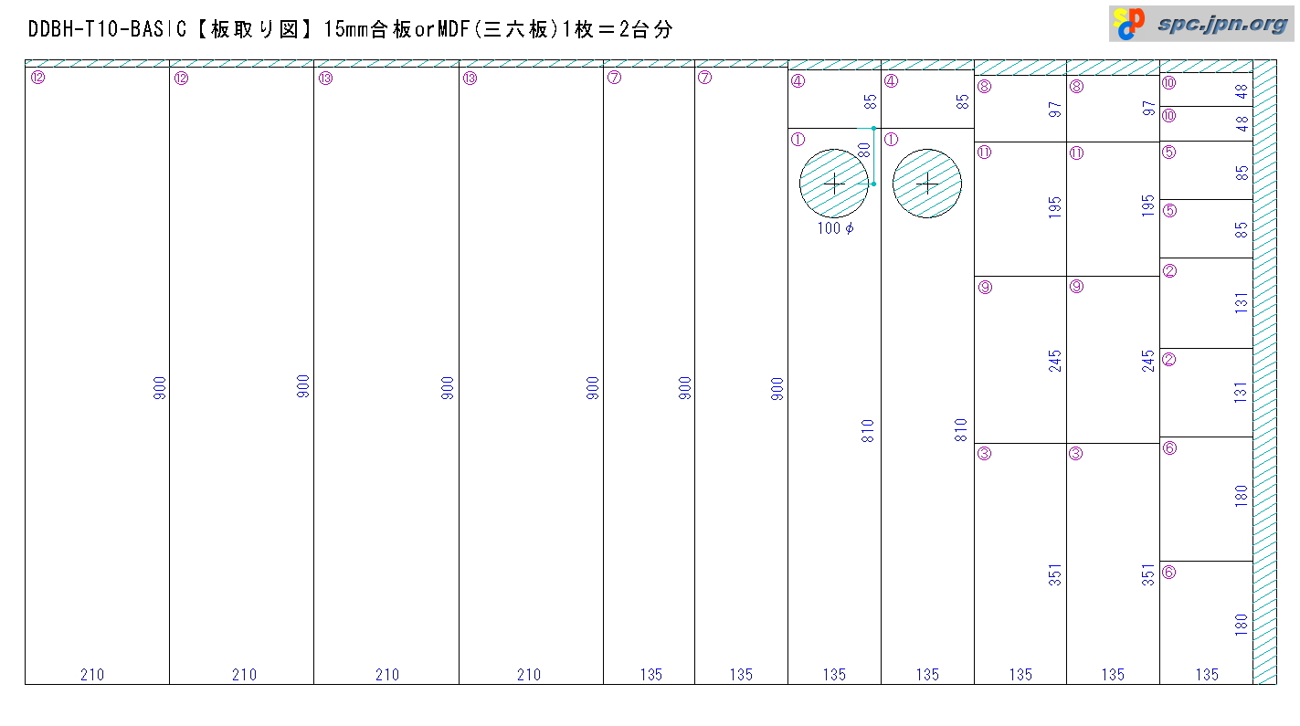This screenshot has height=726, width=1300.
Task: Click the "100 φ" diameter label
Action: (x=835, y=228)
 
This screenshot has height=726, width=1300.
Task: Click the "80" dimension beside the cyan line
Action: (x=864, y=151)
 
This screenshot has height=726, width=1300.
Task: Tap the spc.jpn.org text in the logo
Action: (x=1222, y=24)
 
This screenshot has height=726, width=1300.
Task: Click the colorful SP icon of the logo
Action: (x=1129, y=24)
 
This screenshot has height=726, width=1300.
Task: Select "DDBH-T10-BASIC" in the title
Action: (x=108, y=29)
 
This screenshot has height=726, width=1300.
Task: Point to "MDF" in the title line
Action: (x=453, y=29)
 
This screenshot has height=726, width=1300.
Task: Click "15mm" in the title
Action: (x=346, y=29)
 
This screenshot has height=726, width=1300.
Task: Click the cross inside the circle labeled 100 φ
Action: (x=834, y=184)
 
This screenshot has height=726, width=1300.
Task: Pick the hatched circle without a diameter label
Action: (x=927, y=184)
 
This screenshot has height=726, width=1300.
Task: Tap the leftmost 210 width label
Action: (x=92, y=674)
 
